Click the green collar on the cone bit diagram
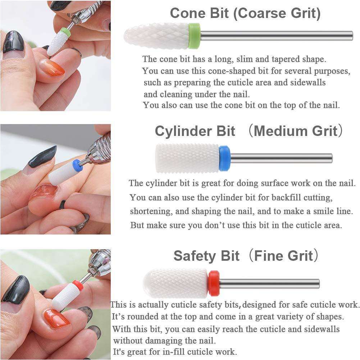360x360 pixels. pyautogui.click(x=194, y=36)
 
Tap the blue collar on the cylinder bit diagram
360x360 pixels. pyautogui.click(x=224, y=158)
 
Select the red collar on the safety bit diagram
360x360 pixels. pyautogui.click(x=214, y=283)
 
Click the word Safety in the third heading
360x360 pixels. pyautogui.click(x=195, y=256)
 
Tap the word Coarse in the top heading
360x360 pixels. pyautogui.click(x=263, y=13)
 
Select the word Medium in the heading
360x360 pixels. pyautogui.click(x=281, y=131)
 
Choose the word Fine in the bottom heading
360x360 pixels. pyautogui.click(x=267, y=256)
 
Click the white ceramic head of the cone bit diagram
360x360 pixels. pyautogui.click(x=156, y=36)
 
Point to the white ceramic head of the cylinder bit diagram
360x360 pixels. pyautogui.click(x=187, y=158)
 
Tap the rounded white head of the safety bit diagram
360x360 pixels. pyautogui.click(x=176, y=283)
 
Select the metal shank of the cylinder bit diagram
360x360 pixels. pyautogui.click(x=281, y=158)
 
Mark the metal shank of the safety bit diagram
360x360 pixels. pyautogui.click(x=269, y=283)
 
